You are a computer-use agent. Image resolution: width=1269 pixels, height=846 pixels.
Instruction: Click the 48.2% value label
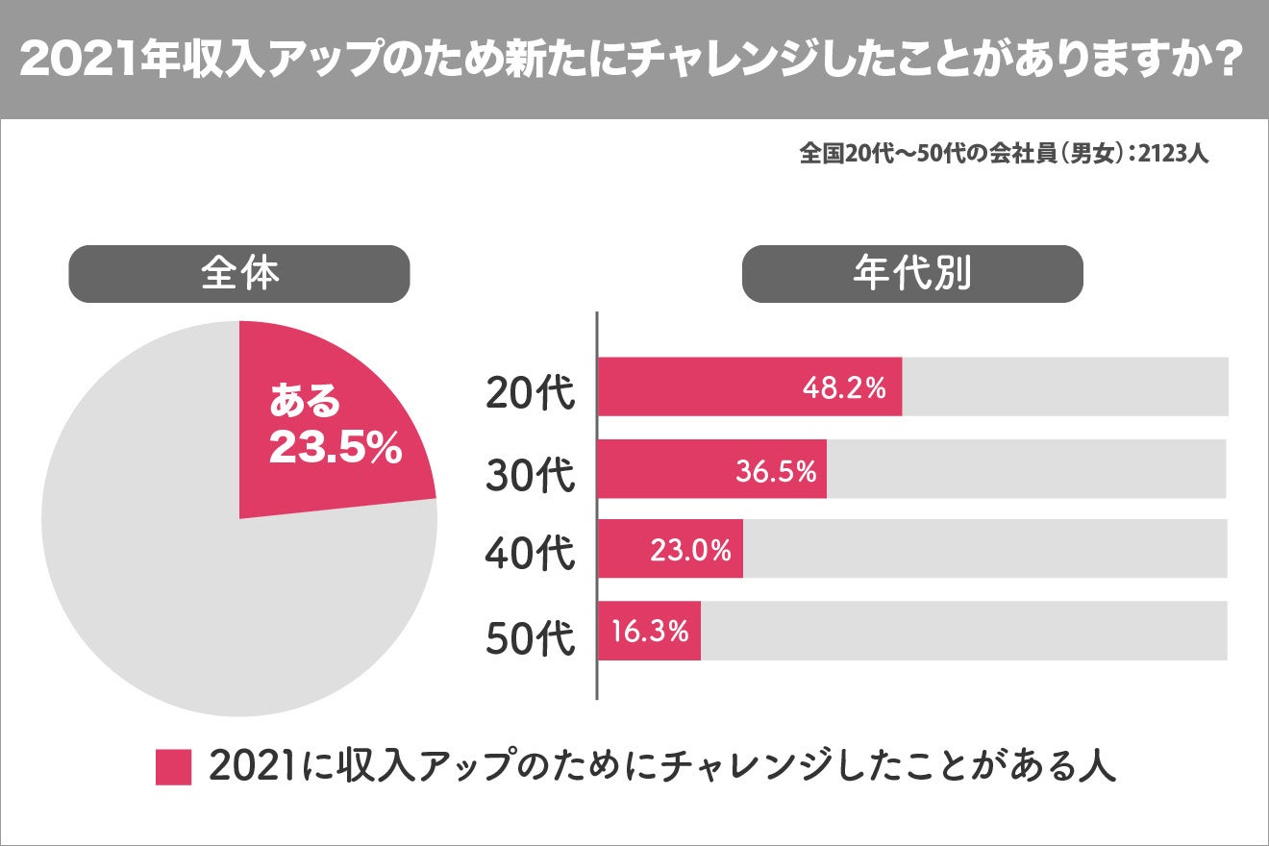(x=843, y=387)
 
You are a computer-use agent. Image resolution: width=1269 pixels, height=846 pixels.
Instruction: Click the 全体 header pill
(x=239, y=274)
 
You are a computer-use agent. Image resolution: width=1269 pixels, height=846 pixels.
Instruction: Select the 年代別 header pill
(x=911, y=274)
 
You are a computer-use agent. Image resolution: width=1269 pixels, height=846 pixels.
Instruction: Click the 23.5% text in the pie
(x=335, y=449)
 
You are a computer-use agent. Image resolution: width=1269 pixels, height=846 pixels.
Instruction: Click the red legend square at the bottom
(x=173, y=767)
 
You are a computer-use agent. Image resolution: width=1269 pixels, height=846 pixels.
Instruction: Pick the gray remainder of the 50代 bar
(x=961, y=631)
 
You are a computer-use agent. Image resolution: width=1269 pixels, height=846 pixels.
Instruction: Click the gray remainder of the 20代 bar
(x=1062, y=387)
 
